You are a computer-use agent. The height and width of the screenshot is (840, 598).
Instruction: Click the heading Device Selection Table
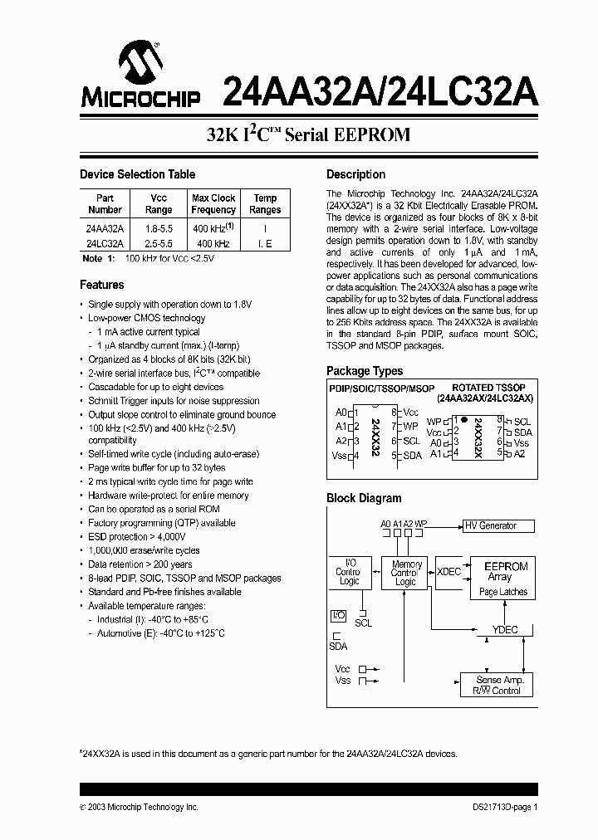[137, 174]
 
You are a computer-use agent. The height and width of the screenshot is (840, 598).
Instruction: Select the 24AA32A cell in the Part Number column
[105, 227]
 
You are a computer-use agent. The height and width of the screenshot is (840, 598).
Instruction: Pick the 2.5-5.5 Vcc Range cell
[159, 243]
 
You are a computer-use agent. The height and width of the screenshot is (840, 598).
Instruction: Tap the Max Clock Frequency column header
[213, 204]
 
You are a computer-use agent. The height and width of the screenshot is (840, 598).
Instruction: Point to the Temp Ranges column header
[265, 204]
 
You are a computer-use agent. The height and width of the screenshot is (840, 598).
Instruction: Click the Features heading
[101, 285]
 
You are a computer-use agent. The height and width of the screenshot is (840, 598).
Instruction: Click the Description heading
[355, 174]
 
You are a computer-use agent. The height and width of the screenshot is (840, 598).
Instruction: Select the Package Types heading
[365, 371]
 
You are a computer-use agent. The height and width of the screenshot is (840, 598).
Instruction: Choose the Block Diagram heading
[364, 498]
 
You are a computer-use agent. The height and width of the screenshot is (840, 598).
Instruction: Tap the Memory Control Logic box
[405, 573]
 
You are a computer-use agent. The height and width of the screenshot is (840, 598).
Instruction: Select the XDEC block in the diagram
[448, 571]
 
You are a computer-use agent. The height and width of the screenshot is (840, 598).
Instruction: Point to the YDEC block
[505, 630]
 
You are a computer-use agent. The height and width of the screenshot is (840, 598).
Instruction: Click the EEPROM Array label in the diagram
[505, 571]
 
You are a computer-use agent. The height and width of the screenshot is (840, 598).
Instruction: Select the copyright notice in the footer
[139, 807]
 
